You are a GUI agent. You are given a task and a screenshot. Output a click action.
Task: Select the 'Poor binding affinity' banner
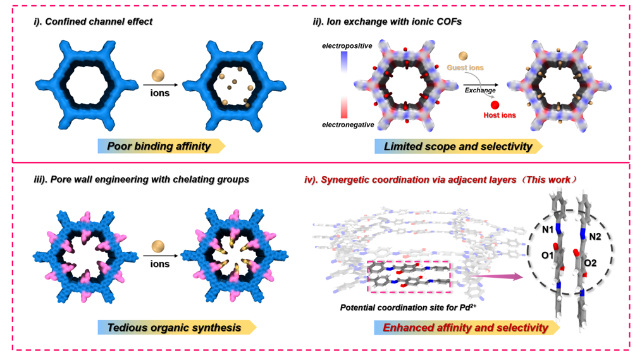(x=159, y=146)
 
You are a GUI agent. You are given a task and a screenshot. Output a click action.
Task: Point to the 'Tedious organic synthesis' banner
(x=174, y=327)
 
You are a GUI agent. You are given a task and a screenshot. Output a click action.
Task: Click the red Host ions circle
(x=495, y=105)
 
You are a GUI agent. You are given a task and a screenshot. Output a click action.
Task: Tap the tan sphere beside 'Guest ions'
(x=464, y=56)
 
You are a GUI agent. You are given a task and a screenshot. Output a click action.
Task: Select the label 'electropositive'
(x=347, y=46)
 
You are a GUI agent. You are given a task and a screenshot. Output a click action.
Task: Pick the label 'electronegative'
(x=348, y=125)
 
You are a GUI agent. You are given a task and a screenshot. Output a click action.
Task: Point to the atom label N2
(x=595, y=237)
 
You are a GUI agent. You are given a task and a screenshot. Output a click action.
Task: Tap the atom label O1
(x=548, y=255)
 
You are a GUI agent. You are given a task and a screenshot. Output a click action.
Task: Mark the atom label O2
(x=590, y=263)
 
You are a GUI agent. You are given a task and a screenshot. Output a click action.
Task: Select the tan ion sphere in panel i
(x=158, y=75)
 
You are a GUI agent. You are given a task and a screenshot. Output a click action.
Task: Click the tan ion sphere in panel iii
(x=158, y=246)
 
